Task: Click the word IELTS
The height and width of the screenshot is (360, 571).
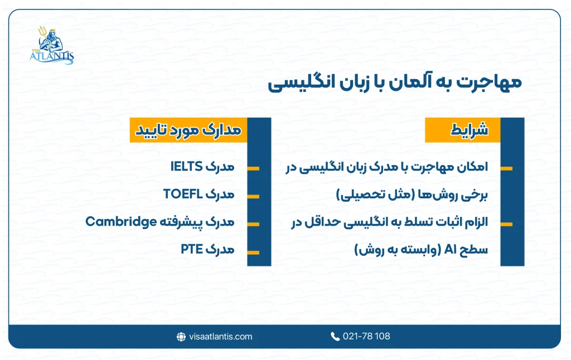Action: (x=186, y=167)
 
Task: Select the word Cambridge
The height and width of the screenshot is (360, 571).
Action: (x=120, y=222)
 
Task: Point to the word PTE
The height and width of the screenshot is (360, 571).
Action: (x=192, y=249)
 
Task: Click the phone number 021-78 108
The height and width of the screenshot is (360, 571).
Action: (x=366, y=336)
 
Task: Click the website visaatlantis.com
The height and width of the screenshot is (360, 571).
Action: (x=220, y=336)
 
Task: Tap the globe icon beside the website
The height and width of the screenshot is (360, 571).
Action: (x=181, y=336)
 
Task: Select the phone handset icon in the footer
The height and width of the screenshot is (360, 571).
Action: (x=335, y=336)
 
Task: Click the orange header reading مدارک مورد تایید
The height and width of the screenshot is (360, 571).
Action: (x=188, y=130)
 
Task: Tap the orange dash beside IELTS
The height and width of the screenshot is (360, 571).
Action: (x=253, y=168)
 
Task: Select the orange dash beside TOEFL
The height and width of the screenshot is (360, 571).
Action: (x=253, y=196)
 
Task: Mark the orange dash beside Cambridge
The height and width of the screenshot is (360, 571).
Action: (x=253, y=225)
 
